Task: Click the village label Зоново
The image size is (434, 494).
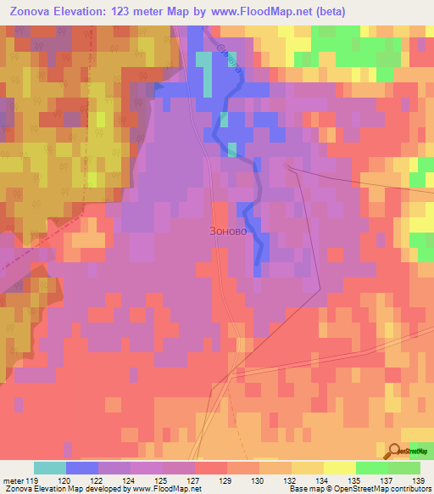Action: pos(228,231)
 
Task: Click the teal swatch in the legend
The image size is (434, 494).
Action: pos(49,468)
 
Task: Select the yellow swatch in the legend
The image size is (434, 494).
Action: pos(339,468)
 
